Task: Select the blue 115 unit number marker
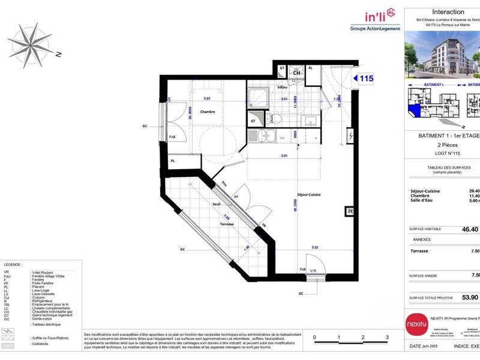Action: click(364, 78)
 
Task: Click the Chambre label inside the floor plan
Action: click(208, 112)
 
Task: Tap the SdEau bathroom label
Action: click(282, 88)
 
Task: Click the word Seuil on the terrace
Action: click(216, 204)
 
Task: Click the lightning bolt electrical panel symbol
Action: click(351, 137)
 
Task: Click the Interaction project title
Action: click(448, 12)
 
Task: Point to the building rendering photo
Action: click(442, 55)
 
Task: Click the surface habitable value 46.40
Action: click(470, 229)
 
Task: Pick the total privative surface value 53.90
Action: click(470, 297)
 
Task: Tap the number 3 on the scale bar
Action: click(387, 338)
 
